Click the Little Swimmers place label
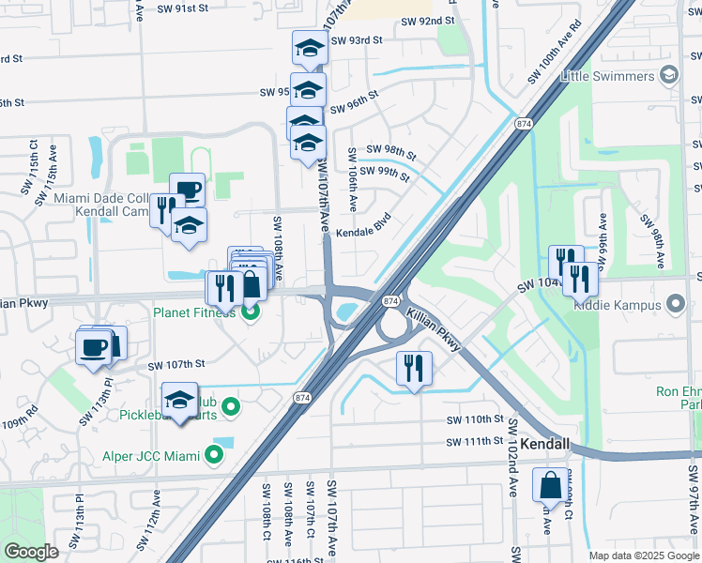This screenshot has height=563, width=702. click(x=607, y=77)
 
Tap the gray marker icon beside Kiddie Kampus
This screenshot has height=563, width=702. click(x=675, y=304)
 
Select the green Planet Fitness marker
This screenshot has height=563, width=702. click(x=251, y=312)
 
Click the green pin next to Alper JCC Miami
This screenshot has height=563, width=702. click(x=214, y=456)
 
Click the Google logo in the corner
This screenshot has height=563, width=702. click(x=31, y=552)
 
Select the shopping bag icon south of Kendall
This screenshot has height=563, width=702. click(x=550, y=485)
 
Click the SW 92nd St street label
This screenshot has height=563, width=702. click(x=427, y=19)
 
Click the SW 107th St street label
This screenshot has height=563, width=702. click(x=175, y=364)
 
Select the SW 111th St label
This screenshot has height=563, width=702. click(x=475, y=442)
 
